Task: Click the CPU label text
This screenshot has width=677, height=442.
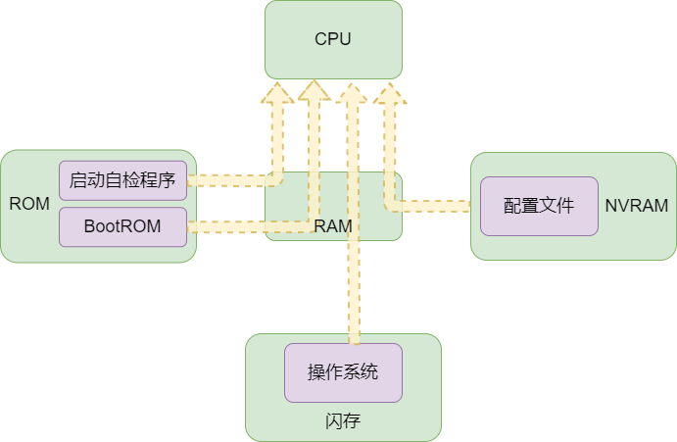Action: (x=333, y=39)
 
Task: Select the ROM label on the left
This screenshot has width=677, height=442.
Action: (x=29, y=204)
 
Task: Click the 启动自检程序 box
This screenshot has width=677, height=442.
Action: (x=122, y=180)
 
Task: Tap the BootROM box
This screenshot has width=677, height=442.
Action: (x=122, y=226)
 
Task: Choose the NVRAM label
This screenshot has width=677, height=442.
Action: (x=636, y=206)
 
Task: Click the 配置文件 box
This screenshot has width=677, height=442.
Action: (x=538, y=206)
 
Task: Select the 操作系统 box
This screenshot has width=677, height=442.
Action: (x=343, y=372)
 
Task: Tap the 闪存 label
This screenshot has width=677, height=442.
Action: (x=343, y=420)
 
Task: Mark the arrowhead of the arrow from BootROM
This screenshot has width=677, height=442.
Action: (x=314, y=93)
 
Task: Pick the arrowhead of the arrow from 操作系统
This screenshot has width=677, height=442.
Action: (x=352, y=93)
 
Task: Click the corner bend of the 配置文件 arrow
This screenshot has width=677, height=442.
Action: (x=390, y=206)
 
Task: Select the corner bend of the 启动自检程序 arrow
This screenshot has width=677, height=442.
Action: (x=278, y=180)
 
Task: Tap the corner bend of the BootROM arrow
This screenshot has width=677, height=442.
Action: (x=314, y=226)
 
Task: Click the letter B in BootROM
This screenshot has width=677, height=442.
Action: (x=89, y=226)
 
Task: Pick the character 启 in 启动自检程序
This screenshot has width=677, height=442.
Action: (x=77, y=180)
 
